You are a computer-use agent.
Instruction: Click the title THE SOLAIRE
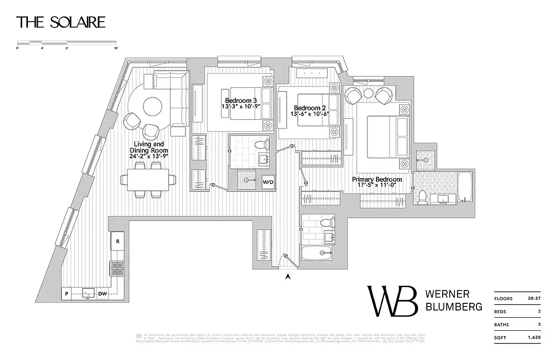(x=61, y=22)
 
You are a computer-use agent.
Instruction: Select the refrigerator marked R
(x=118, y=241)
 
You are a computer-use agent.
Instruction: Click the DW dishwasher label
(x=103, y=294)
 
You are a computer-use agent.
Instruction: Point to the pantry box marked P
(x=66, y=294)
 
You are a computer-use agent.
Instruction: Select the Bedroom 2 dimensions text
(x=310, y=114)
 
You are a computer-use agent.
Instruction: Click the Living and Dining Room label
(x=149, y=147)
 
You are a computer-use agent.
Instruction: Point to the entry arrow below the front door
(x=288, y=277)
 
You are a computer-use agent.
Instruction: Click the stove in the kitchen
(x=117, y=269)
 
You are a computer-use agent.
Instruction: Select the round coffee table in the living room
(x=152, y=107)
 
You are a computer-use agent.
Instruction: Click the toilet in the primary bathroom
(x=422, y=197)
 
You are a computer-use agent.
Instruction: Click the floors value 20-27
(x=534, y=298)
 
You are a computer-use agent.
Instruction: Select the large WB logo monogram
(x=392, y=301)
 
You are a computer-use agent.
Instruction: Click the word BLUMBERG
(x=453, y=306)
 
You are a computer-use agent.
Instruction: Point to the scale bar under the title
(x=67, y=42)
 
